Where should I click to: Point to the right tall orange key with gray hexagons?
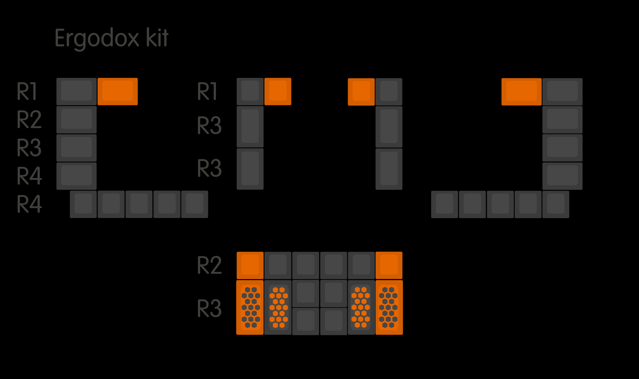(x=389, y=307)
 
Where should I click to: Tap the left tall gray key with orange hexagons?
(x=278, y=307)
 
